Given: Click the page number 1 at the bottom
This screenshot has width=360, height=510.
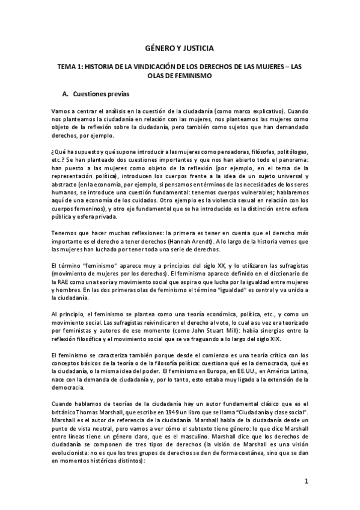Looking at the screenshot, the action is click(x=306, y=481).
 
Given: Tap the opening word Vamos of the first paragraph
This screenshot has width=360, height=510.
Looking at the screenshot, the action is click(x=61, y=112).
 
